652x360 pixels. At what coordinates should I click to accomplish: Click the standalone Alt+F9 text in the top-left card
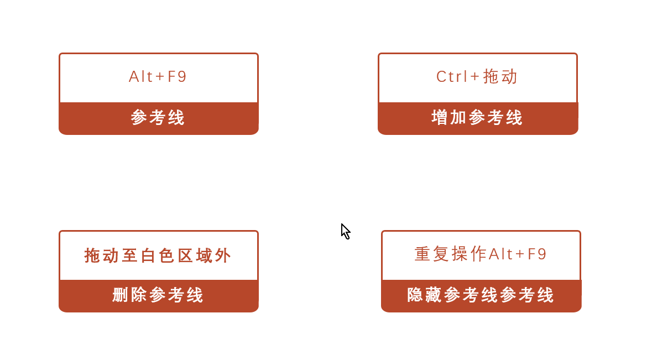click(x=158, y=77)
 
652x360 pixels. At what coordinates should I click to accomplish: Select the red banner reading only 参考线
click(x=158, y=118)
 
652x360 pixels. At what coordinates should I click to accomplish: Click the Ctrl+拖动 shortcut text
click(x=477, y=77)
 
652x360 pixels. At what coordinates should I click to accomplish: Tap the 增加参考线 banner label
click(x=477, y=118)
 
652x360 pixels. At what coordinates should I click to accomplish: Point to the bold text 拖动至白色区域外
click(x=158, y=256)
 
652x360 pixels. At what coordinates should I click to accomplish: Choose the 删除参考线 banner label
click(x=158, y=295)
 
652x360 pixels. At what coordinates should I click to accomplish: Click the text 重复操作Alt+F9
click(x=480, y=254)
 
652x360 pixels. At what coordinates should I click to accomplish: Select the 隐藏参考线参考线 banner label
click(x=480, y=295)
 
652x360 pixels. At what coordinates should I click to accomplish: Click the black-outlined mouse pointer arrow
click(x=345, y=231)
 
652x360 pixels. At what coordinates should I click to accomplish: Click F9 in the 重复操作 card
click(x=537, y=254)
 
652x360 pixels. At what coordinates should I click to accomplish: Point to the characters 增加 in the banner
click(x=449, y=118)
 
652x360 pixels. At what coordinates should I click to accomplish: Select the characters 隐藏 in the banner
click(x=425, y=295)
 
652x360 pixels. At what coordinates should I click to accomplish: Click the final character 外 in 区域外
click(x=223, y=256)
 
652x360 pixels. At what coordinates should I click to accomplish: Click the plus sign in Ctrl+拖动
click(x=475, y=77)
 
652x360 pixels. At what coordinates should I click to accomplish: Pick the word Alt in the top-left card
click(x=140, y=77)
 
